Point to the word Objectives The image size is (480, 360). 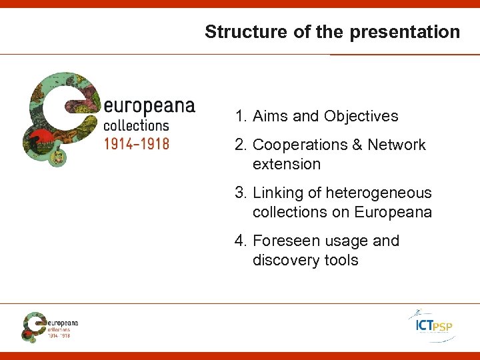[x=361, y=116]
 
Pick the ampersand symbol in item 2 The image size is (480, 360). [x=359, y=145]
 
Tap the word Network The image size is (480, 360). [x=397, y=145]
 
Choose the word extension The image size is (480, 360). [x=287, y=164]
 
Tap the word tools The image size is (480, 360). [x=341, y=260]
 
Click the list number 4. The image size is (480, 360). [x=239, y=241]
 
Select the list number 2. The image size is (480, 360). [x=239, y=145]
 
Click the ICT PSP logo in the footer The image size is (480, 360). [x=431, y=325]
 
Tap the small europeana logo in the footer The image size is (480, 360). [x=49, y=326]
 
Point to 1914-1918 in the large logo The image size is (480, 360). [x=136, y=143]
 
